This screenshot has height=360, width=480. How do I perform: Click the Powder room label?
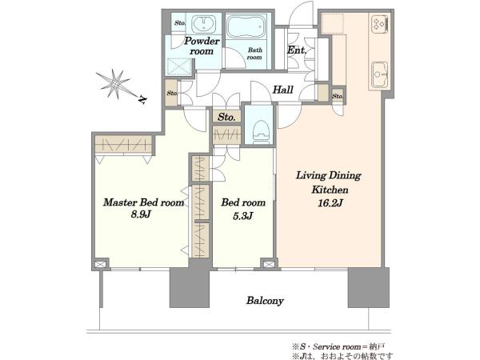[202, 46]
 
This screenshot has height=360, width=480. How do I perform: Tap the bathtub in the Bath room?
[246, 26]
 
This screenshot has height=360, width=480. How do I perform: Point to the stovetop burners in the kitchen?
[380, 23]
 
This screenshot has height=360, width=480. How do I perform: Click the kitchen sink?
[379, 74]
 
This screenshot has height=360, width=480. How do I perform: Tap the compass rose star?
[116, 84]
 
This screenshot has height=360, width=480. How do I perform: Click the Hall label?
[283, 90]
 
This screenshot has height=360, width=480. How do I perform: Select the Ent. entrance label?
[297, 50]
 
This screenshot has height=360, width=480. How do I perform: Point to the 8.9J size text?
[141, 214]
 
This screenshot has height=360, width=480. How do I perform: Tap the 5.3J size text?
[243, 216]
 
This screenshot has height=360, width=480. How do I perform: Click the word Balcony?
[265, 301]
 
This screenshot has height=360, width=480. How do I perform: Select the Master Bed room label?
[144, 202]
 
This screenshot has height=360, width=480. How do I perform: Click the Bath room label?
[254, 54]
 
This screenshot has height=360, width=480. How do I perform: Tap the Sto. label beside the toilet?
[226, 117]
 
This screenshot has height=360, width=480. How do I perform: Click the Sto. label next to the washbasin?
[180, 23]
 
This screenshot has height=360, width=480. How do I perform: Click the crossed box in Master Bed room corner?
[101, 264]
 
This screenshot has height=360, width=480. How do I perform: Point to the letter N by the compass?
[142, 99]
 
